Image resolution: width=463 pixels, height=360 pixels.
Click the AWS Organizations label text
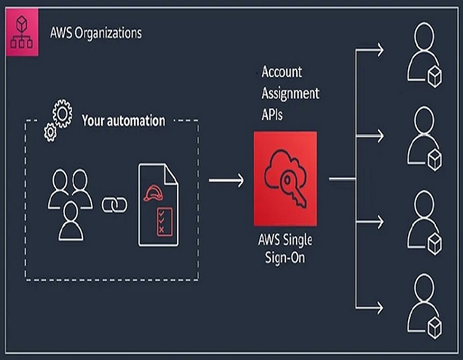[96, 33]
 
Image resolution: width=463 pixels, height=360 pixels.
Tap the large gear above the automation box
[63, 114]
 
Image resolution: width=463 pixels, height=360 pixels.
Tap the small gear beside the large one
[50, 133]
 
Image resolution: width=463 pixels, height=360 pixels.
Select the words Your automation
[123, 121]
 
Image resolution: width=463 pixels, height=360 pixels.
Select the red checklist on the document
[164, 221]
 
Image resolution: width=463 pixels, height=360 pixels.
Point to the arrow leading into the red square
[226, 179]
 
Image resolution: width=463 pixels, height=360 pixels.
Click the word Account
[282, 72]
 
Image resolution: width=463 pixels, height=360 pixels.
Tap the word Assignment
[290, 94]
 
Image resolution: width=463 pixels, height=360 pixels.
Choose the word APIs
[272, 115]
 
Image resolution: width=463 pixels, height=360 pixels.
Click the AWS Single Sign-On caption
[285, 248]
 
